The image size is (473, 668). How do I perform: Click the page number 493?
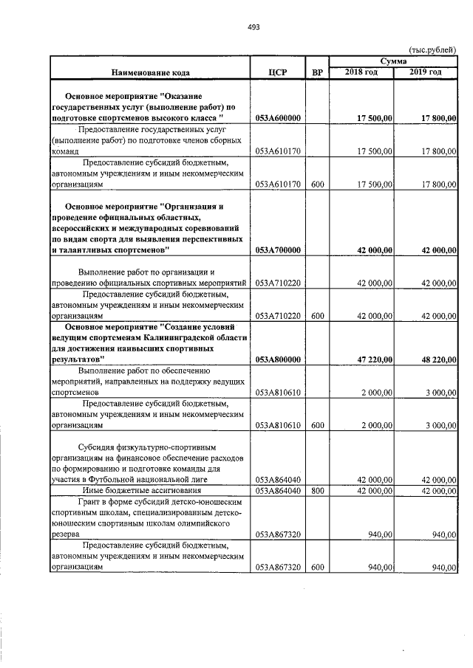pos(253,27)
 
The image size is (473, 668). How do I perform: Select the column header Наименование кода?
pos(151,72)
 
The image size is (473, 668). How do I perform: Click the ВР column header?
pos(318,72)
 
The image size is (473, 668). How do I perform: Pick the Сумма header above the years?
pos(393,61)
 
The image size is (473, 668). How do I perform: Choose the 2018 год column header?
pos(361,72)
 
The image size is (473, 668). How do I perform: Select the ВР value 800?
pos(318,490)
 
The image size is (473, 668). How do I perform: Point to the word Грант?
pos(94,501)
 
